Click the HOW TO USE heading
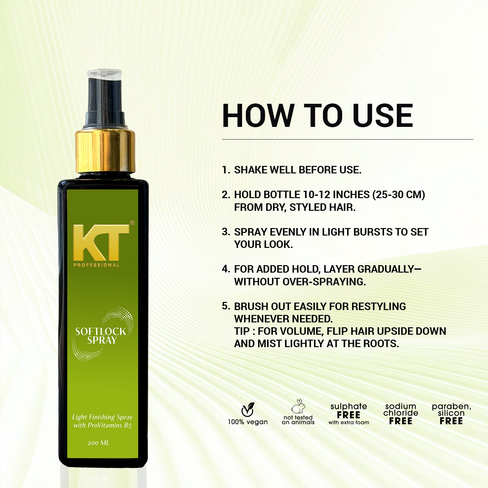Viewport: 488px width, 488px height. point(318,116)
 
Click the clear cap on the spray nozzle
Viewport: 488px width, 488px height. point(104,74)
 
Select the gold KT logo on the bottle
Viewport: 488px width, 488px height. point(101,242)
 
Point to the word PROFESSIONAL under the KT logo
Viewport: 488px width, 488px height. point(96,265)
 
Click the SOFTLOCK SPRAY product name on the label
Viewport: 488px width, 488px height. point(101,336)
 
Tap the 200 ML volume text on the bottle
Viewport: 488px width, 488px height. point(98,443)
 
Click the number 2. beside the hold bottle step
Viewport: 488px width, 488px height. point(226,195)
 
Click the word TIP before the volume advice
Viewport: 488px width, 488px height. point(242,331)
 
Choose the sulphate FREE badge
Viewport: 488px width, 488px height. point(348,414)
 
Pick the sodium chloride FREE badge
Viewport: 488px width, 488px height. point(400,414)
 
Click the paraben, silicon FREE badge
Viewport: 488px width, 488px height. point(451,414)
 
